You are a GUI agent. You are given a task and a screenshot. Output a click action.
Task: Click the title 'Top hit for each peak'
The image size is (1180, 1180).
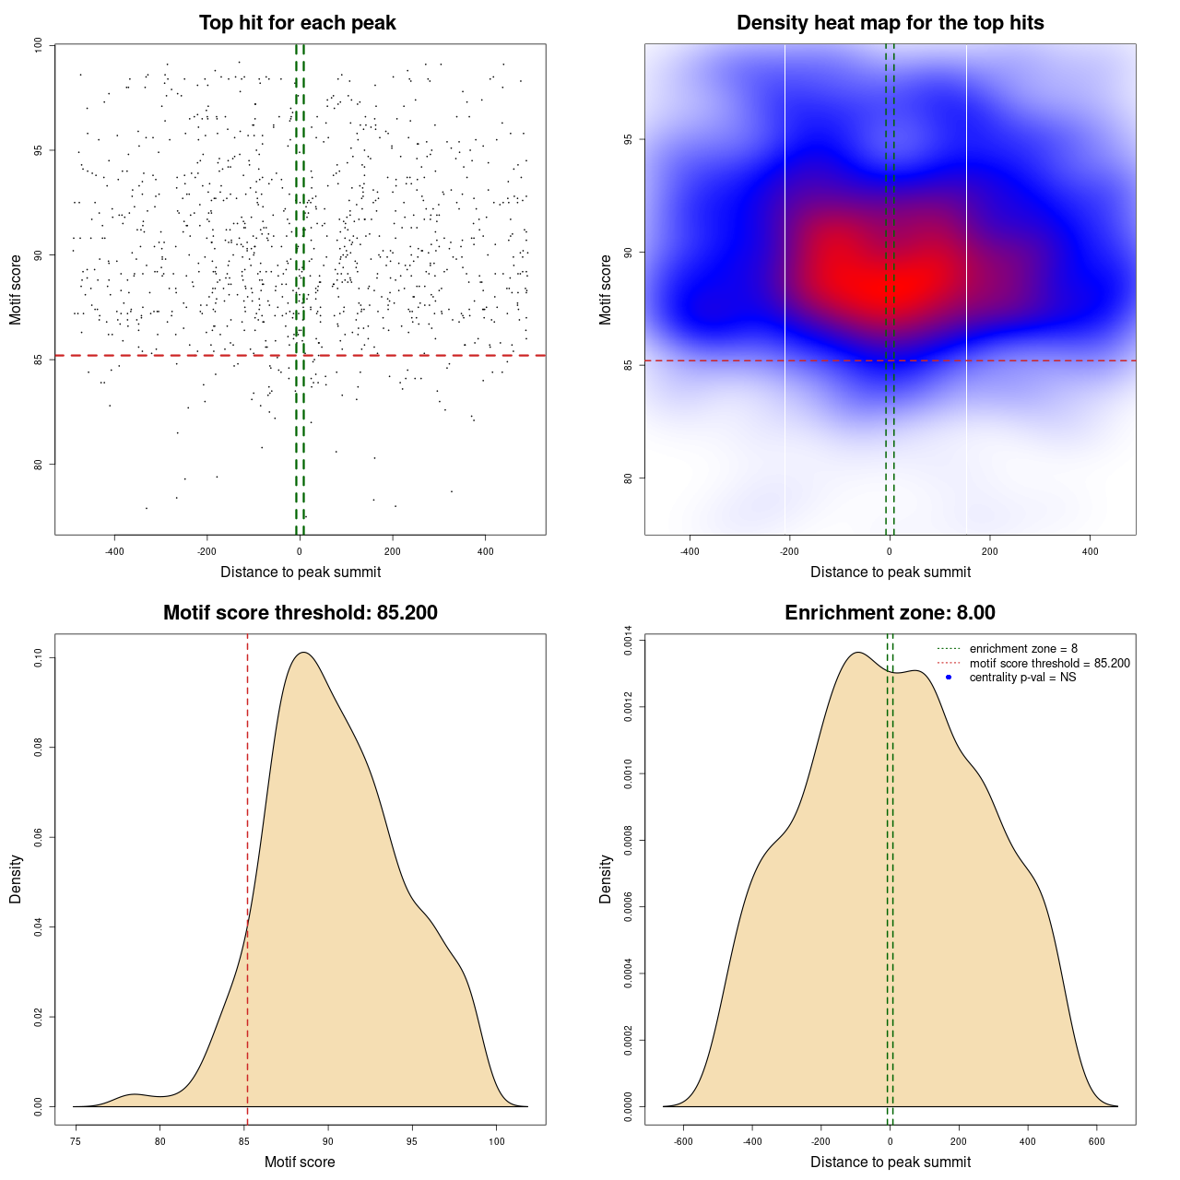pyautogui.click(x=298, y=23)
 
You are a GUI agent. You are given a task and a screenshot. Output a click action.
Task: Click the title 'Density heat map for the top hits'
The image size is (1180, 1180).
pyautogui.click(x=890, y=23)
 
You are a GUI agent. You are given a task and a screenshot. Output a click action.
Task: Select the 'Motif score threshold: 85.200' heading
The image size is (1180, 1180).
pyautogui.click(x=300, y=613)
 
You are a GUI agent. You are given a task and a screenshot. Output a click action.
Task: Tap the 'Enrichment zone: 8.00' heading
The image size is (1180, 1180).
pyautogui.click(x=890, y=613)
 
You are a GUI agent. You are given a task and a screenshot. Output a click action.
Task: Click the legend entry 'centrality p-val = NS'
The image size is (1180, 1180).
pyautogui.click(x=1022, y=678)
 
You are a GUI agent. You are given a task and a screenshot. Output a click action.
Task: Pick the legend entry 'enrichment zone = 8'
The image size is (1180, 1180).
pyautogui.click(x=1023, y=649)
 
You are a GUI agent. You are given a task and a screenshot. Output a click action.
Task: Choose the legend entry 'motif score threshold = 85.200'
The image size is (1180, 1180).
pyautogui.click(x=1049, y=663)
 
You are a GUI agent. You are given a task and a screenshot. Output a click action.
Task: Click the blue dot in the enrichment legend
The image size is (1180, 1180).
pyautogui.click(x=949, y=678)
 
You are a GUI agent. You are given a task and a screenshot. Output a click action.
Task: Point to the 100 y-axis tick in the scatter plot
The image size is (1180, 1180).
pyautogui.click(x=38, y=45)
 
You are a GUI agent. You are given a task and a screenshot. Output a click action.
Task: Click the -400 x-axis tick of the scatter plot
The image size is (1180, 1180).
pyautogui.click(x=114, y=551)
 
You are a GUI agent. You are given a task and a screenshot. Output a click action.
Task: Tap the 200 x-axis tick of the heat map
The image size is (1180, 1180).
pyautogui.click(x=989, y=551)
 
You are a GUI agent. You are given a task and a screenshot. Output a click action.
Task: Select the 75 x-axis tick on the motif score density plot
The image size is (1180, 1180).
pyautogui.click(x=76, y=1141)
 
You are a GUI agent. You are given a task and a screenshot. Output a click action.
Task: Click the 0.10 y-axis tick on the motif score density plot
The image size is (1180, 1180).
pyautogui.click(x=38, y=657)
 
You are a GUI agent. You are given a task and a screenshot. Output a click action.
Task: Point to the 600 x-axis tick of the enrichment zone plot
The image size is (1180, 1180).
pyautogui.click(x=1097, y=1141)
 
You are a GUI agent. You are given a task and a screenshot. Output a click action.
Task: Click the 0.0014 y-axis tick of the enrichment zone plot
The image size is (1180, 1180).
pyautogui.click(x=628, y=641)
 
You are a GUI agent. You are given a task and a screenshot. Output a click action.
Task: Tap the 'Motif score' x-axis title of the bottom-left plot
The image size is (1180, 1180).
pyautogui.click(x=300, y=1162)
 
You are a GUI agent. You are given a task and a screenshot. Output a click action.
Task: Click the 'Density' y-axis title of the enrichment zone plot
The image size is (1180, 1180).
pyautogui.click(x=606, y=879)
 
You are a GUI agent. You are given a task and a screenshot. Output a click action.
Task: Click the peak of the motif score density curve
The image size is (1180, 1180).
pyautogui.click(x=304, y=653)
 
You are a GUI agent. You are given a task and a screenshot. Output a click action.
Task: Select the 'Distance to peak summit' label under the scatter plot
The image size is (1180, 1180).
pyautogui.click(x=301, y=572)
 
